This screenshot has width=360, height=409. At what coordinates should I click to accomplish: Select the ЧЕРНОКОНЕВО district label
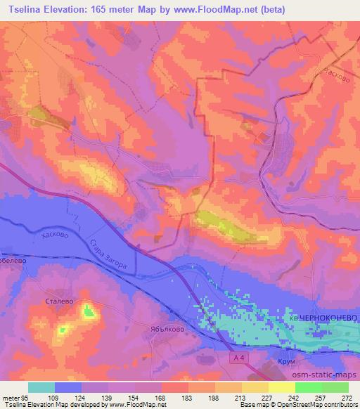pyautogui.click(x=328, y=318)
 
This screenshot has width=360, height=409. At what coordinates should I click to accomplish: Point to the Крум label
pyautogui.click(x=283, y=362)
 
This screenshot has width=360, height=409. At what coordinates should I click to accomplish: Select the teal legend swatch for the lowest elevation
pyautogui.click(x=41, y=387)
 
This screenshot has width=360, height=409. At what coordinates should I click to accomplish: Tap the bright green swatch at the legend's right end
pyautogui.click(x=335, y=387)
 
